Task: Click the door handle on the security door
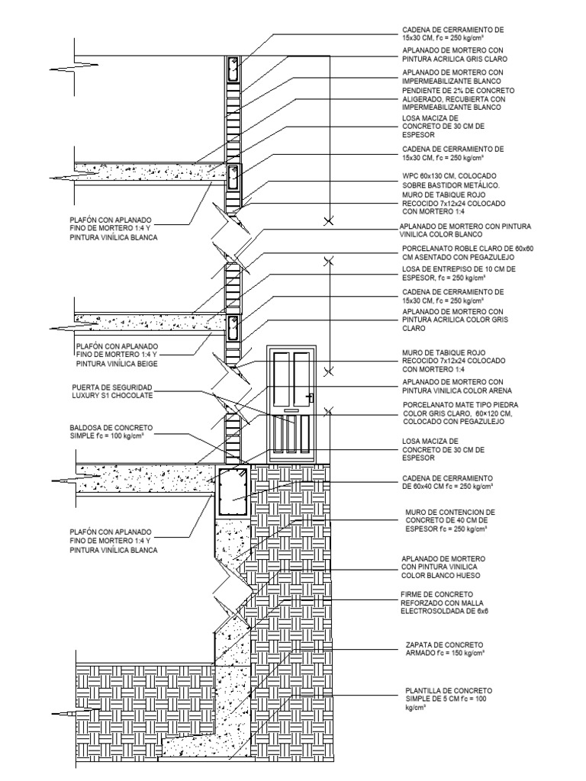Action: pyautogui.click(x=311, y=397)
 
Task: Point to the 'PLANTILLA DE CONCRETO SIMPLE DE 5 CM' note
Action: pyautogui.click(x=443, y=698)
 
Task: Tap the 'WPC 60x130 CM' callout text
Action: pyautogui.click(x=450, y=180)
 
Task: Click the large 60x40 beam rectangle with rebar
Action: pyautogui.click(x=233, y=492)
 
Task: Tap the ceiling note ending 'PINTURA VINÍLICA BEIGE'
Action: pyautogui.click(x=116, y=355)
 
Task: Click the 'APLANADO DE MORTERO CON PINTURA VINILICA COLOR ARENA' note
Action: pyautogui.click(x=452, y=386)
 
